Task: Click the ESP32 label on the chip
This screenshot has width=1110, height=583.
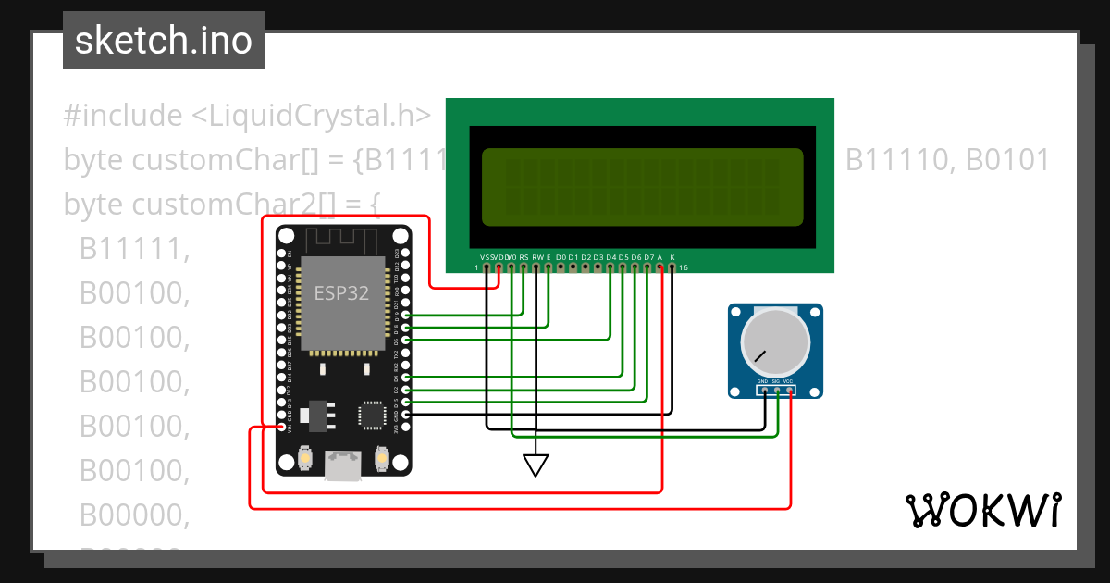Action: tap(341, 293)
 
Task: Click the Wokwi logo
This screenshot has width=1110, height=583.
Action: tap(982, 510)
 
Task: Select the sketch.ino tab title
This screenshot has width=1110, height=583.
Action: tap(163, 41)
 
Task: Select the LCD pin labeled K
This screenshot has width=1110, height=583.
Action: tap(672, 267)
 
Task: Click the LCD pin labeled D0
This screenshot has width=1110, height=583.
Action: tap(561, 267)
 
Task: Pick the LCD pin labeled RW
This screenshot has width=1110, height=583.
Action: tap(536, 267)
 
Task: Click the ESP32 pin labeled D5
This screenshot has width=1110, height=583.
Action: tap(406, 341)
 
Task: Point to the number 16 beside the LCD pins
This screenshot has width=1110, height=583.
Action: tap(684, 268)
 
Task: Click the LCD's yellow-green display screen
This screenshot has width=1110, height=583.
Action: tap(643, 187)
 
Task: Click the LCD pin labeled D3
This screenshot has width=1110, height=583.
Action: tap(598, 267)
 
